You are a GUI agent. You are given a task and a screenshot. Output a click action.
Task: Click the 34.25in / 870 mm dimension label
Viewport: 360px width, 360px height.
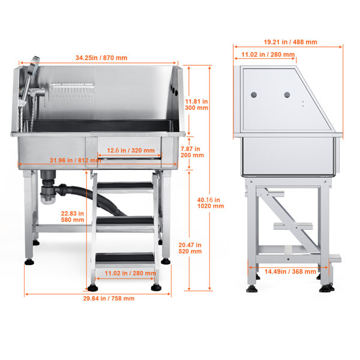point(101,58)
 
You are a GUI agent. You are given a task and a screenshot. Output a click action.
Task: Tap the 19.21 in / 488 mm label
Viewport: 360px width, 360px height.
point(290,42)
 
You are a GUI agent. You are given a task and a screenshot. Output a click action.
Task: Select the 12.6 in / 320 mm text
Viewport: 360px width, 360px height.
point(131,151)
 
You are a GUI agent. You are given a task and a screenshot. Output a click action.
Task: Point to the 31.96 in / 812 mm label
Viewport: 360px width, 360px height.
point(76,160)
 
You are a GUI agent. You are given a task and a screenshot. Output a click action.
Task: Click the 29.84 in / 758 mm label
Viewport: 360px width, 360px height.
point(109,298)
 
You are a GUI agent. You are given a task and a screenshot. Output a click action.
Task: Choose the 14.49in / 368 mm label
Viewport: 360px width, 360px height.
point(290,272)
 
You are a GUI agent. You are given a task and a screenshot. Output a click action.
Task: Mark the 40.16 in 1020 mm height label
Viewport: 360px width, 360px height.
point(211,203)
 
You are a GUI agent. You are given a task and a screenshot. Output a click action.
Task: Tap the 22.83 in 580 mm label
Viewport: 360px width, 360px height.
point(73,217)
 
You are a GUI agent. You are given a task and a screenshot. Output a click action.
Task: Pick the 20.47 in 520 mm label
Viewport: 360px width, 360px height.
point(190,248)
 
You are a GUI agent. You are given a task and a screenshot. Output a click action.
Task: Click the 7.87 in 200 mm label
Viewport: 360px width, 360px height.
point(192,152)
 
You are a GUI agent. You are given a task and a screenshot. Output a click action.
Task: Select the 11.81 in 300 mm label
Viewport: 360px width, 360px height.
point(197,104)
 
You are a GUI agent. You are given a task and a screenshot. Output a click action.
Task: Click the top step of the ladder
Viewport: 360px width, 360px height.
point(125,185)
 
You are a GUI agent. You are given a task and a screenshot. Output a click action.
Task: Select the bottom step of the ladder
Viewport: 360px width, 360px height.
point(125,257)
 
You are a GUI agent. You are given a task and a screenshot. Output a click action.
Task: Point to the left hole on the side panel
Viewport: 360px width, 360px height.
point(254,95)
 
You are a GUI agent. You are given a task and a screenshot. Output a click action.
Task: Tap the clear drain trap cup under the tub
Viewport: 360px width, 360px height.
point(48,199)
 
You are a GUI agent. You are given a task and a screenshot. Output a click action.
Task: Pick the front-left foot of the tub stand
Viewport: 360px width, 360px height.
point(29,262)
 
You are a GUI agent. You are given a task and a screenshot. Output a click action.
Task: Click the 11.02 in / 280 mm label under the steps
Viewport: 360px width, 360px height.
point(130,273)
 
